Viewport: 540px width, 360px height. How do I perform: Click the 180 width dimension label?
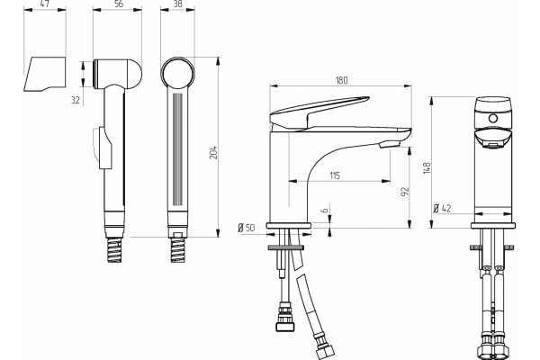(x=341, y=80)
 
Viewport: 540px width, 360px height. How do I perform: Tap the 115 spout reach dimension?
(x=335, y=175)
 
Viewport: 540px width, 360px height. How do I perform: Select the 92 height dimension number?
(x=405, y=192)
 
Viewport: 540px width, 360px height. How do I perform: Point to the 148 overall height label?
(x=427, y=167)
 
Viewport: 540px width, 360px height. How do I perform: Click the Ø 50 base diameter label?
(x=247, y=228)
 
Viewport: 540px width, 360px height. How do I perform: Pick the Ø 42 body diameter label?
(x=442, y=208)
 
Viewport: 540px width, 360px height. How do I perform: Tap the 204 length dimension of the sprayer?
(x=214, y=153)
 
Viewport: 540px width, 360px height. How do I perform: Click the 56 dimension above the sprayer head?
(x=118, y=4)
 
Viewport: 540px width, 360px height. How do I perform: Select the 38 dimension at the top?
(x=178, y=4)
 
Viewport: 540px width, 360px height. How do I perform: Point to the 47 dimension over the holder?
(x=44, y=4)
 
